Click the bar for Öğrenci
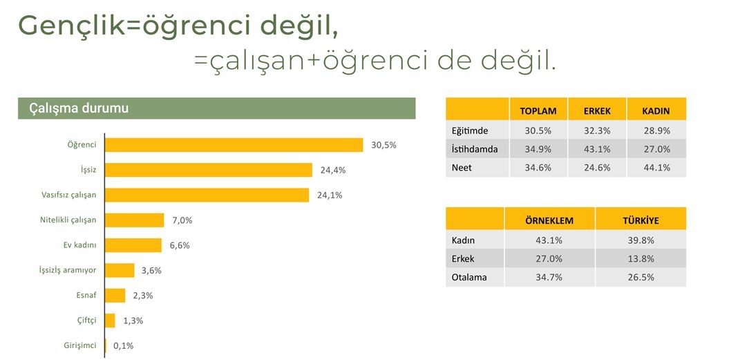click(234, 145)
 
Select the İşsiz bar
click(208, 170)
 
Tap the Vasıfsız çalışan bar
click(207, 195)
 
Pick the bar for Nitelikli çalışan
click(134, 220)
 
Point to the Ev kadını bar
click(133, 245)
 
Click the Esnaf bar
click(115, 296)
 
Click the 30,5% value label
click(384, 145)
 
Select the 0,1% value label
click(123, 345)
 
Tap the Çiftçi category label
click(86, 320)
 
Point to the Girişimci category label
click(79, 345)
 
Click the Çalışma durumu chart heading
click(79, 108)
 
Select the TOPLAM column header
click(538, 111)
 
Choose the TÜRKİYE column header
click(640, 220)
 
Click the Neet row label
click(462, 167)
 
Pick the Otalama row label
click(469, 277)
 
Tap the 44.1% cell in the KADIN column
click(656, 167)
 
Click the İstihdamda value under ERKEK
click(596, 149)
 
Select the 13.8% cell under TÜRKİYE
click(640, 258)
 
